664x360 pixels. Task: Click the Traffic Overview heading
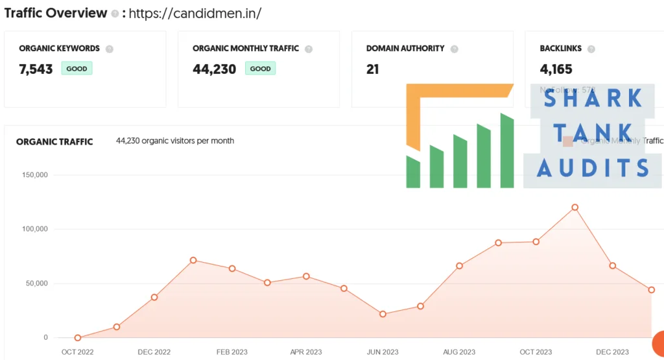click(55, 13)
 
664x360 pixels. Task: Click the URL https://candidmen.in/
click(195, 14)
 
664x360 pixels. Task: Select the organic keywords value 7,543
click(36, 69)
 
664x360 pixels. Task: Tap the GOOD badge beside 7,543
click(77, 69)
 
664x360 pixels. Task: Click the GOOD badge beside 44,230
click(260, 69)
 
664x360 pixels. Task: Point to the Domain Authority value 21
click(372, 69)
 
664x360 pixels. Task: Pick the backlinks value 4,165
click(556, 69)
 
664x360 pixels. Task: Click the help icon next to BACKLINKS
click(591, 49)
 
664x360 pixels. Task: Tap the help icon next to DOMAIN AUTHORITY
click(454, 49)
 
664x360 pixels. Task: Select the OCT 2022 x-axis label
click(78, 352)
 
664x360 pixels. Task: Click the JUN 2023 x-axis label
click(383, 352)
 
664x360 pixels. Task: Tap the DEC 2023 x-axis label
click(612, 352)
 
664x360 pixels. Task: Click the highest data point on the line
click(575, 208)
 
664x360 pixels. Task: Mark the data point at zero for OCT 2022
click(78, 338)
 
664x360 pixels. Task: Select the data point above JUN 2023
click(383, 314)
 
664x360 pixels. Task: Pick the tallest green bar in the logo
click(507, 150)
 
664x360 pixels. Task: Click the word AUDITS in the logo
click(593, 169)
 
